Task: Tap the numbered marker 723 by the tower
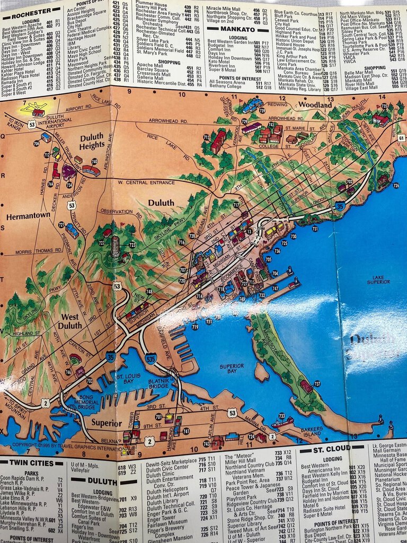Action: pyautogui.click(x=132, y=244)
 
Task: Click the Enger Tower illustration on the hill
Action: pyautogui.click(x=115, y=246)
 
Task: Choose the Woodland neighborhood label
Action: pyautogui.click(x=315, y=105)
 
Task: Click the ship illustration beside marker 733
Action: pyautogui.click(x=282, y=423)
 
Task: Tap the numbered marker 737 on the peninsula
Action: pyautogui.click(x=317, y=383)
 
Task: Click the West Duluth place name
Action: pyautogui.click(x=70, y=321)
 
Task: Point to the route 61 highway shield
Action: pyautogui.click(x=401, y=138)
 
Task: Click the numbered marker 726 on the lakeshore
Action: pyautogui.click(x=395, y=186)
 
